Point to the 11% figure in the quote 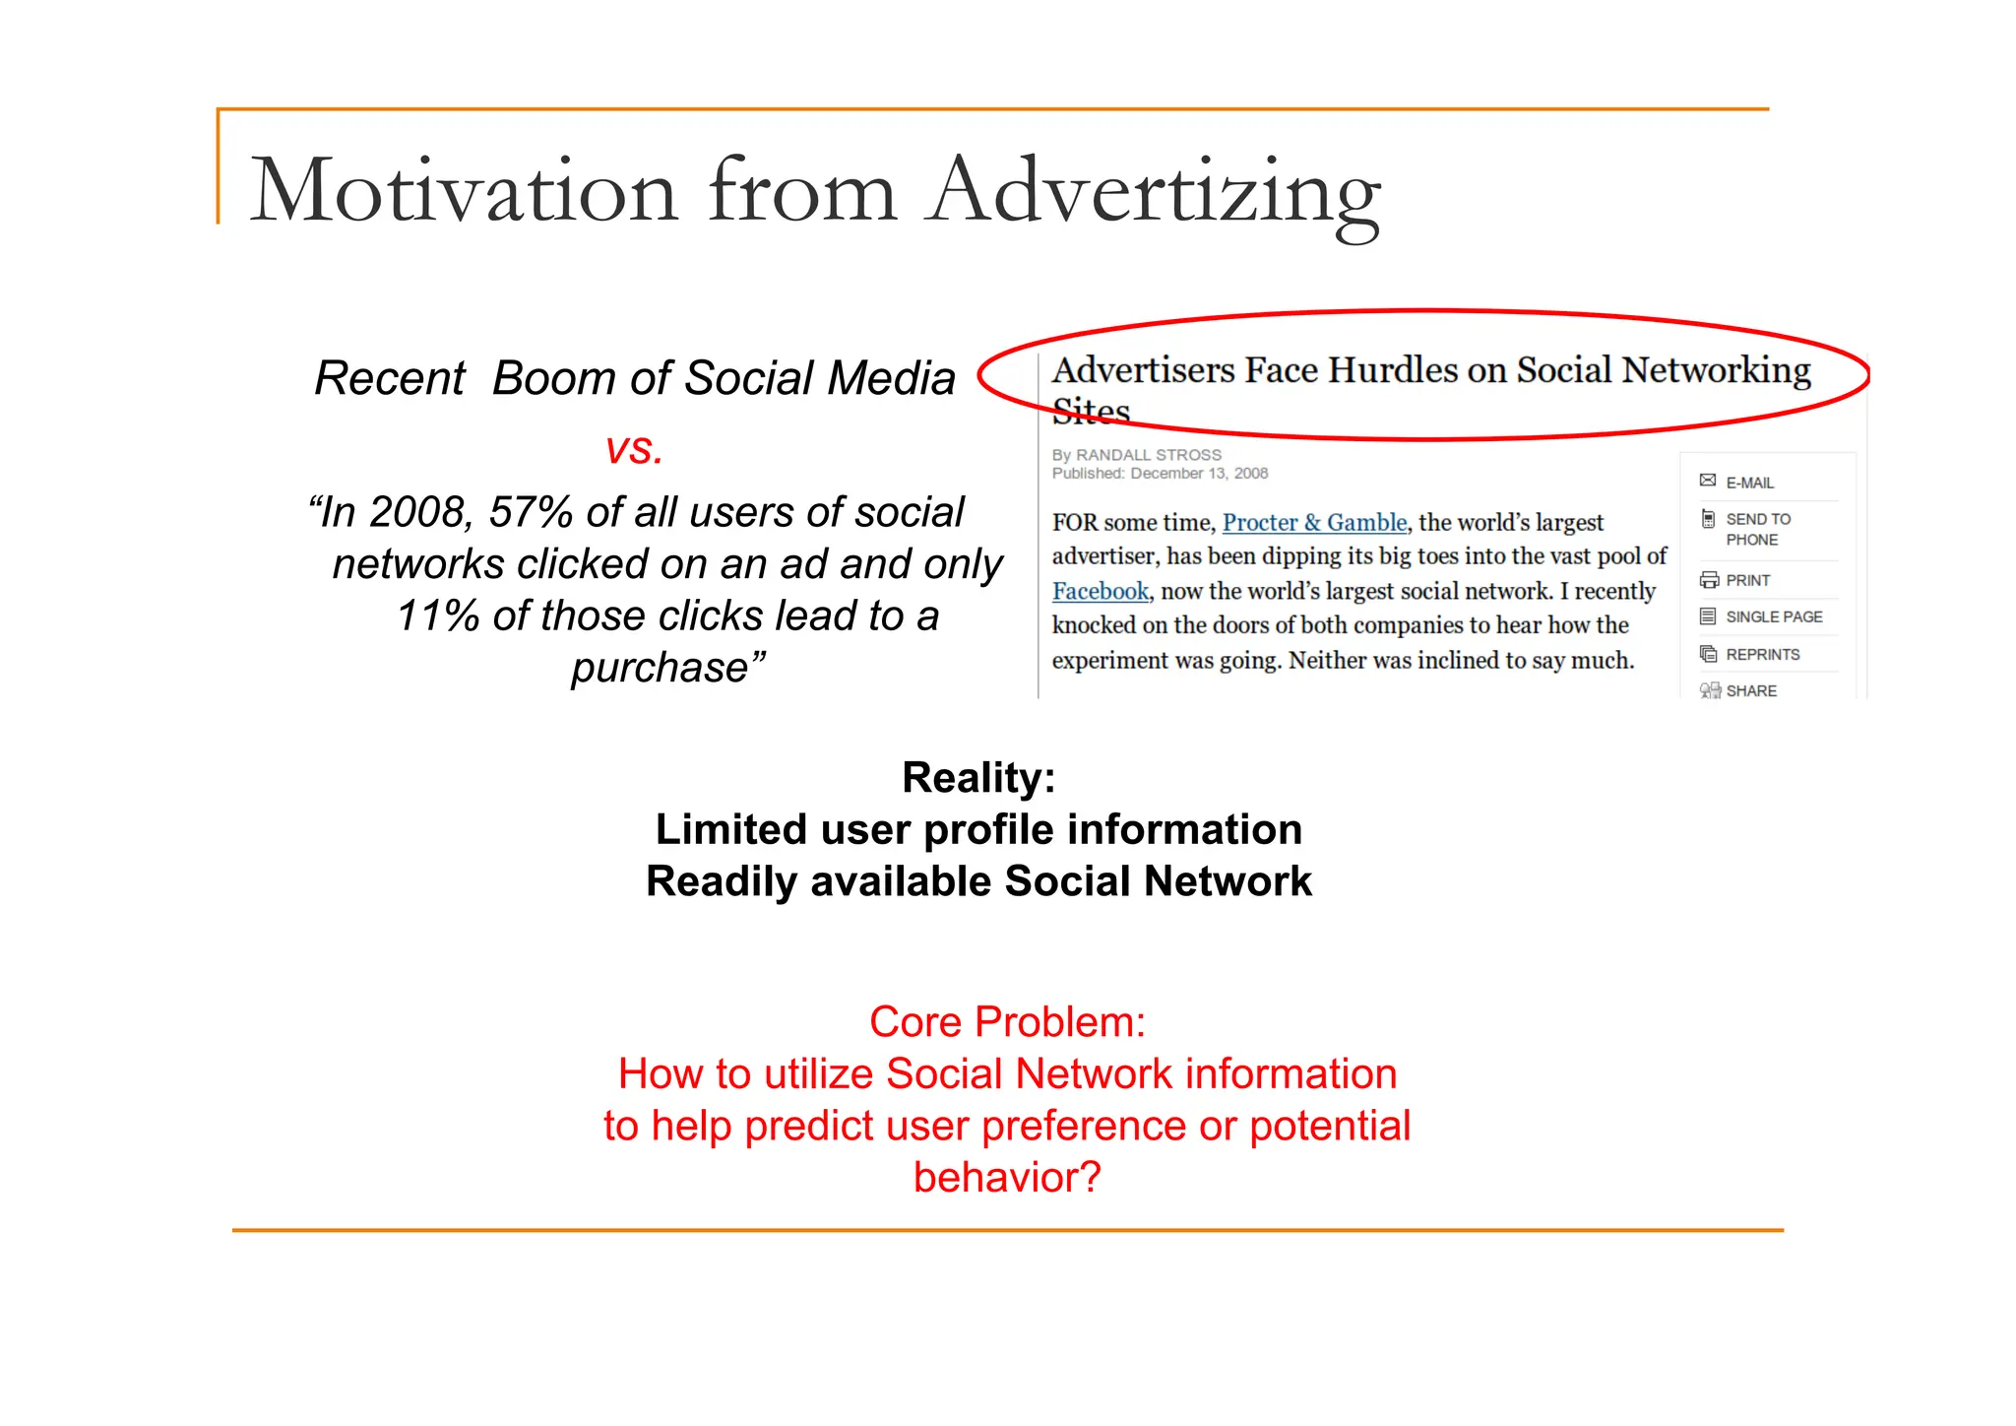click(x=438, y=616)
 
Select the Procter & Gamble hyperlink click(x=1314, y=522)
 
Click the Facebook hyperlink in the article click(x=1100, y=591)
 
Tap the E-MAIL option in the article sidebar click(x=1749, y=483)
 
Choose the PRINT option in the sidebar click(x=1747, y=580)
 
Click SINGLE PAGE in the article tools click(x=1774, y=616)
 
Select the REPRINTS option click(x=1762, y=654)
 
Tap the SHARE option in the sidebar click(x=1751, y=690)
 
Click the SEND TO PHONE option click(x=1757, y=529)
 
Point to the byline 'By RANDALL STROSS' click(x=1136, y=455)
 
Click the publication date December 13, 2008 click(x=1199, y=474)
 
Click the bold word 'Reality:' click(x=978, y=777)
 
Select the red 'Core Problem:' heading click(x=1007, y=1021)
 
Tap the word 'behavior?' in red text click(x=1007, y=1177)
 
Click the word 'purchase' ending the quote click(x=661, y=668)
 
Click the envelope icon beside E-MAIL click(x=1708, y=481)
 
